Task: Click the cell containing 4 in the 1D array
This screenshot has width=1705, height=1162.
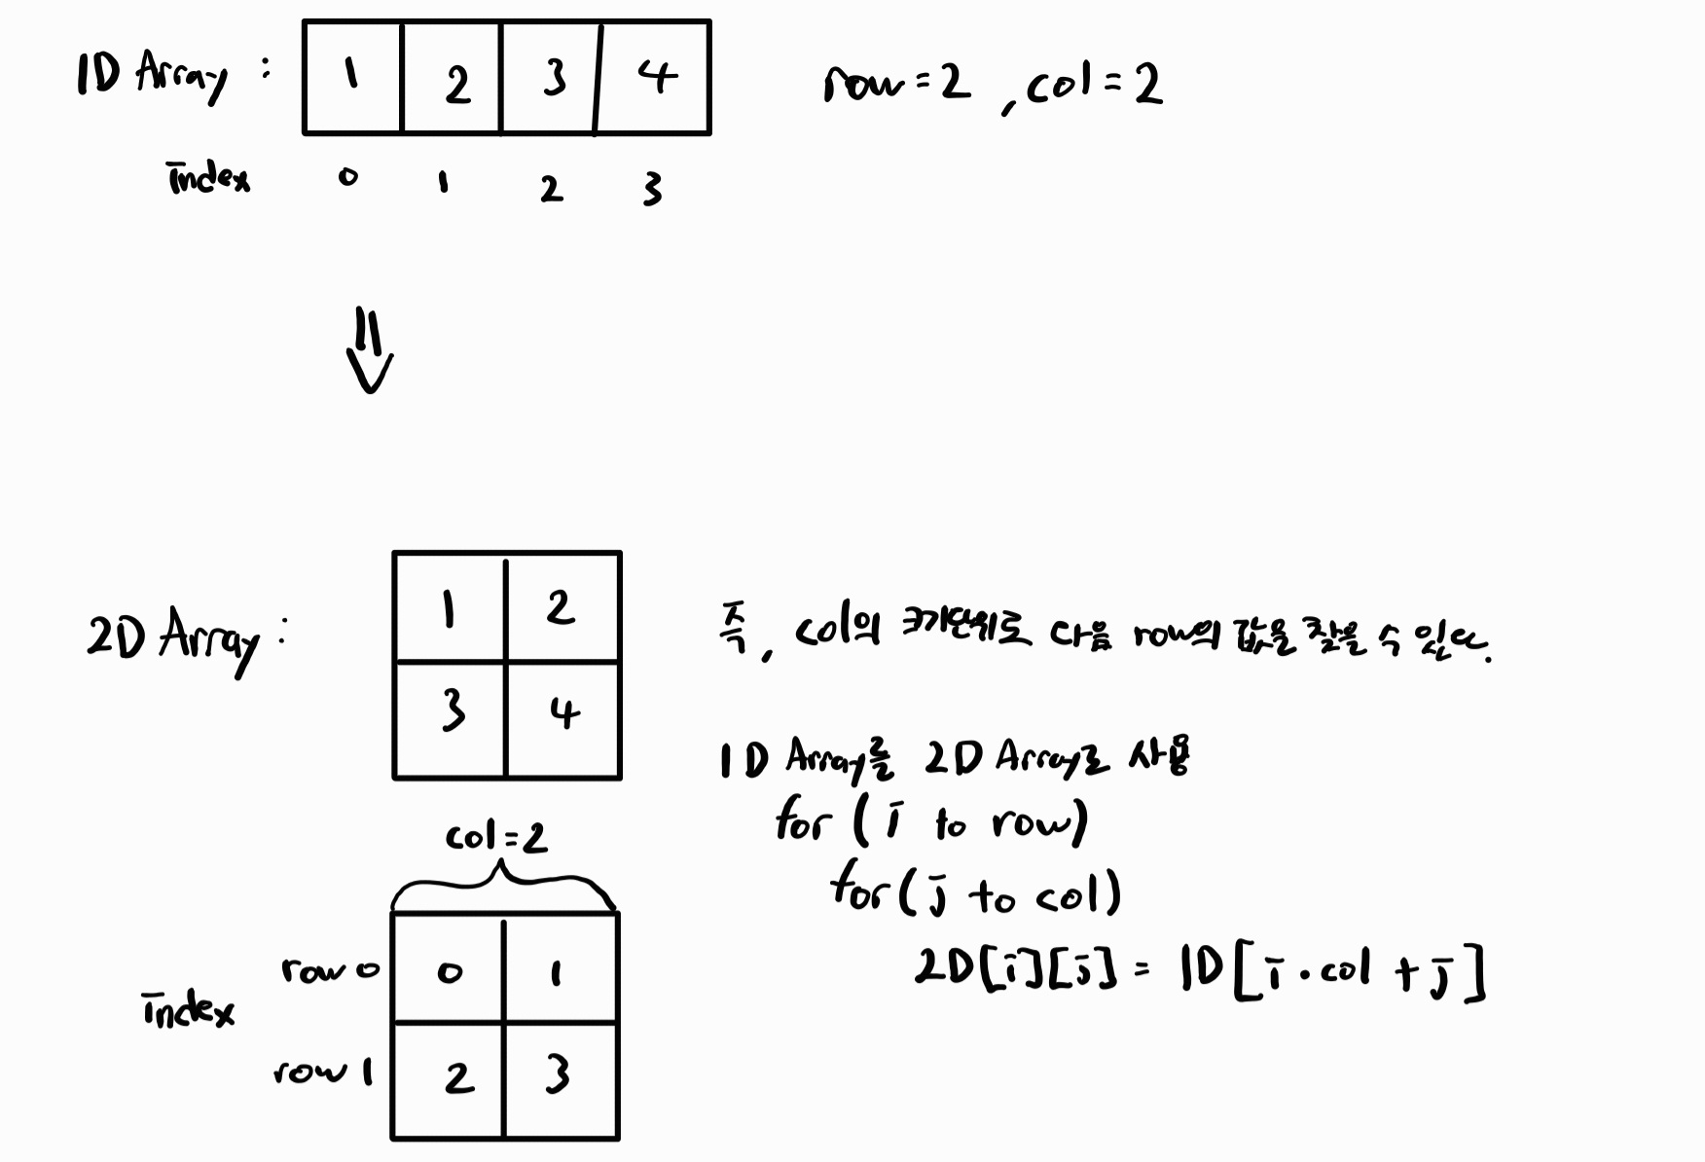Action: (654, 77)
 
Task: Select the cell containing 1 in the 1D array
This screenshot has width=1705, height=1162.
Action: (352, 77)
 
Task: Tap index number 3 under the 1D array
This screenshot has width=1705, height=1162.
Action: (652, 189)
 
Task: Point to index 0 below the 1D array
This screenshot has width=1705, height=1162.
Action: (347, 178)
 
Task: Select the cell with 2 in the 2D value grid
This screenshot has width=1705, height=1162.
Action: (562, 608)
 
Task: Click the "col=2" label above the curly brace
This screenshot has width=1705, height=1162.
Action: (496, 838)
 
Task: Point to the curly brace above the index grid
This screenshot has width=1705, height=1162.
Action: (502, 886)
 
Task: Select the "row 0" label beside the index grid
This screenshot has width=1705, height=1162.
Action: (329, 970)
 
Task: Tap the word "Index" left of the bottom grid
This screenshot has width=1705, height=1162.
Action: (188, 1011)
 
